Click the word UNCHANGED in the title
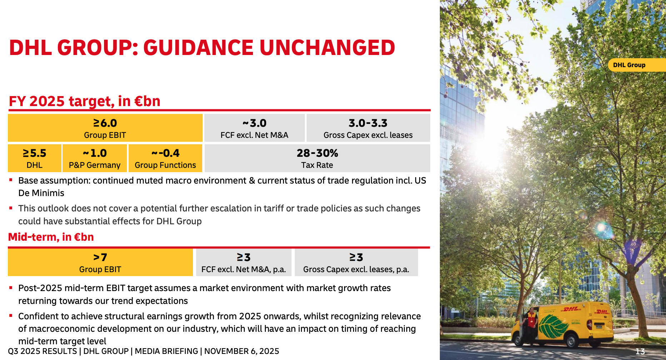click(327, 48)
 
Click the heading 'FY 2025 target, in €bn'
click(84, 101)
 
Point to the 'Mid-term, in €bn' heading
click(51, 237)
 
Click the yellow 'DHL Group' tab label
click(629, 65)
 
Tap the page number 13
click(640, 351)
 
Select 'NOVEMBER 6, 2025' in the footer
click(242, 351)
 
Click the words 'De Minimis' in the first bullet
click(41, 193)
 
